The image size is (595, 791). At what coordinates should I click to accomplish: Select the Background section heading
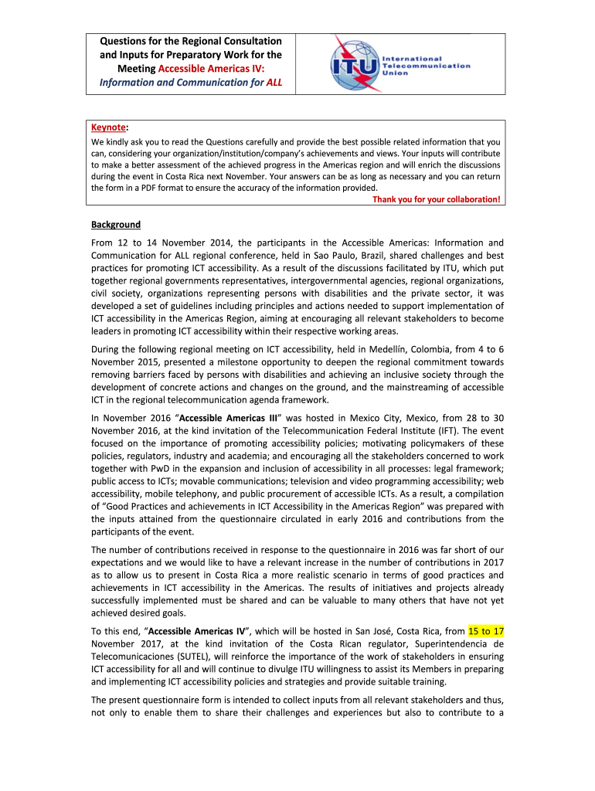coord(116,225)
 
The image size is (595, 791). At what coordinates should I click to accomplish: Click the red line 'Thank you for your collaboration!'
coord(437,199)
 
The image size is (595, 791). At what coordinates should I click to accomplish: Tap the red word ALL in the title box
coord(274,82)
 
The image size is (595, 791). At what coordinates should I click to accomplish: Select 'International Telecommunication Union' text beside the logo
coord(425,66)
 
